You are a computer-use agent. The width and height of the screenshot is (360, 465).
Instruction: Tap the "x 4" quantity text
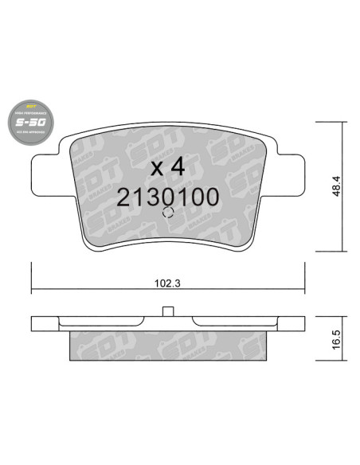pyautogui.click(x=167, y=168)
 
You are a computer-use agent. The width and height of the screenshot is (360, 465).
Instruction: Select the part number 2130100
pyautogui.click(x=167, y=197)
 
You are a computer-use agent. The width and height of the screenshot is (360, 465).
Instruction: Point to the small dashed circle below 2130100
pyautogui.click(x=167, y=213)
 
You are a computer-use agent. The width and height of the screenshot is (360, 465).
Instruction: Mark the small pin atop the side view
pyautogui.click(x=167, y=312)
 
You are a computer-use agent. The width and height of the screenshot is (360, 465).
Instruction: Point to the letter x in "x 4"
pyautogui.click(x=157, y=169)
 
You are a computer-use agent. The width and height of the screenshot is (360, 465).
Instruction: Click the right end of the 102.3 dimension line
pyautogui.click(x=305, y=289)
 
